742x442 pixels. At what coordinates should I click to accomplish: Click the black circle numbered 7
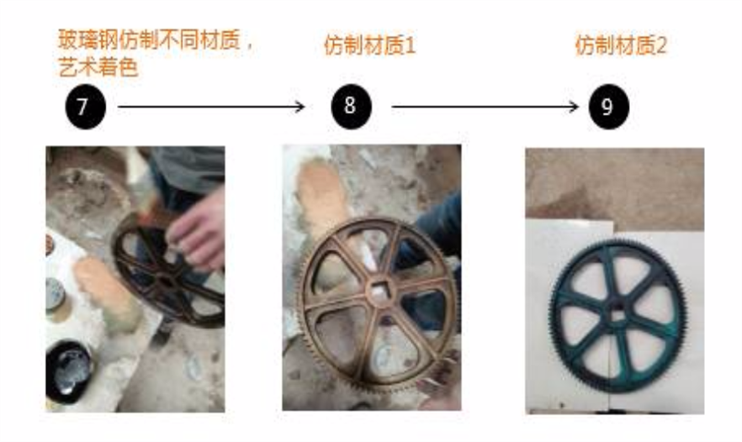(x=85, y=107)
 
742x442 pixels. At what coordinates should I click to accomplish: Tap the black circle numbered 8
(x=351, y=107)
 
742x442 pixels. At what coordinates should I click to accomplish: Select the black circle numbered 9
(x=608, y=107)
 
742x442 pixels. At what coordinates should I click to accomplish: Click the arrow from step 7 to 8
(x=211, y=107)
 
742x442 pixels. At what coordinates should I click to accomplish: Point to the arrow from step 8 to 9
(x=485, y=107)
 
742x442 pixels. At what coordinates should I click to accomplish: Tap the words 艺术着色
(x=98, y=67)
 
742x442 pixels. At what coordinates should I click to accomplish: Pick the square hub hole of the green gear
(x=617, y=315)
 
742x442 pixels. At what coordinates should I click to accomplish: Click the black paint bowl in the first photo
(x=68, y=372)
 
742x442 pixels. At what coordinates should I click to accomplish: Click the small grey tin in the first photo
(x=56, y=294)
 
